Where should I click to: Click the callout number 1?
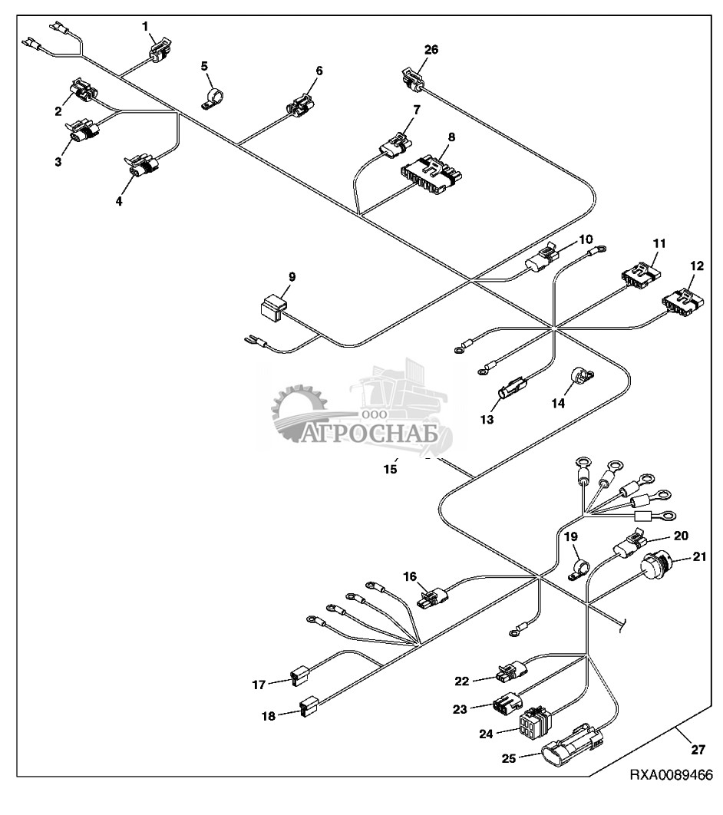coord(144,25)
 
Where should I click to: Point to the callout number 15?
coord(391,468)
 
